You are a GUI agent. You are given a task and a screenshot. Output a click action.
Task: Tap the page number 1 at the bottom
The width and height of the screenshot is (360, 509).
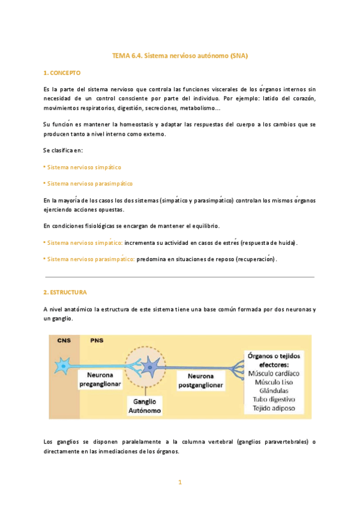point(179,481)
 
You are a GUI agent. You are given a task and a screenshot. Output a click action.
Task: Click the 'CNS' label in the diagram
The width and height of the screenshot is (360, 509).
point(64,340)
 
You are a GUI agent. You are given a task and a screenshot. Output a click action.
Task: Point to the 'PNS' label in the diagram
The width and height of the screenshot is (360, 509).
point(97,340)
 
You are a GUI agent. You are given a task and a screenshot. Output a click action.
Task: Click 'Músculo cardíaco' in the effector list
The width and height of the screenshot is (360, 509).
point(275,373)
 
